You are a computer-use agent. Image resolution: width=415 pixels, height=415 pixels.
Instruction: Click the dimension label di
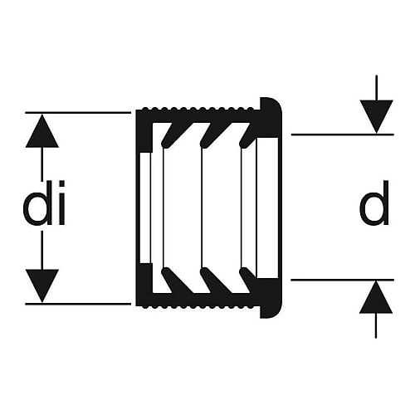tap(44, 203)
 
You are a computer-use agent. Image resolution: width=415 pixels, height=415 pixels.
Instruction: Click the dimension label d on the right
tap(374, 203)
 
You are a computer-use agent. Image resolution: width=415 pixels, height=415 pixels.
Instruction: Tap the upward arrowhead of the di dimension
tap(42, 130)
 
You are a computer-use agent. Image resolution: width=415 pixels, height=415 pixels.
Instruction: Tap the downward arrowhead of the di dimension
tap(42, 286)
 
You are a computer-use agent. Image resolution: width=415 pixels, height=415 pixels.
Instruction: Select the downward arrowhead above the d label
tap(376, 117)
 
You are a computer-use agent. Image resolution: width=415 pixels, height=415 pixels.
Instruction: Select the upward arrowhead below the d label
tap(376, 297)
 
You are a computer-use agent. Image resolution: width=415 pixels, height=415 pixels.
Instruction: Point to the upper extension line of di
tap(78, 113)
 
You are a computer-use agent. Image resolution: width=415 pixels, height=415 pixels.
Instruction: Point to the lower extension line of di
tap(78, 304)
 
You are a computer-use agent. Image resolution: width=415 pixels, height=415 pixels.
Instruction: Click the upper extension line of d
tap(343, 134)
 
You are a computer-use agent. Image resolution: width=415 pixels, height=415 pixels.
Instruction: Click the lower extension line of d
tap(343, 280)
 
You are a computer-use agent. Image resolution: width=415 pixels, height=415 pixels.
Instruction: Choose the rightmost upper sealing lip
tap(248, 134)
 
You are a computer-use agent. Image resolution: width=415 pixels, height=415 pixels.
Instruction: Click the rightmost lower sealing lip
tap(248, 280)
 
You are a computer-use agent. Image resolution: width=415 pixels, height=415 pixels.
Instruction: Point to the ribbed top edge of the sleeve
tap(198, 109)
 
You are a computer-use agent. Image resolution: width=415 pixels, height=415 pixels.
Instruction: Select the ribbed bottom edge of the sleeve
tap(198, 306)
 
